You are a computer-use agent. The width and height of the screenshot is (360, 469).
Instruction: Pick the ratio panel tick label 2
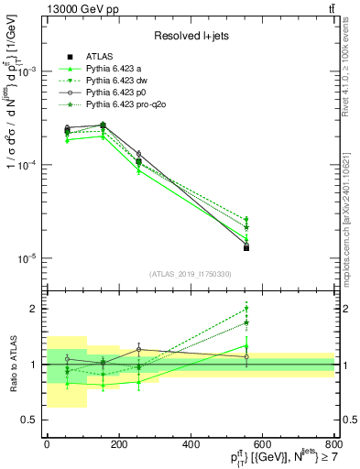pos(37,309)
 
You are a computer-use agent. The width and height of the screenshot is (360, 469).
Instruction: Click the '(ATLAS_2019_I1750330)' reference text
pos(191,274)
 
